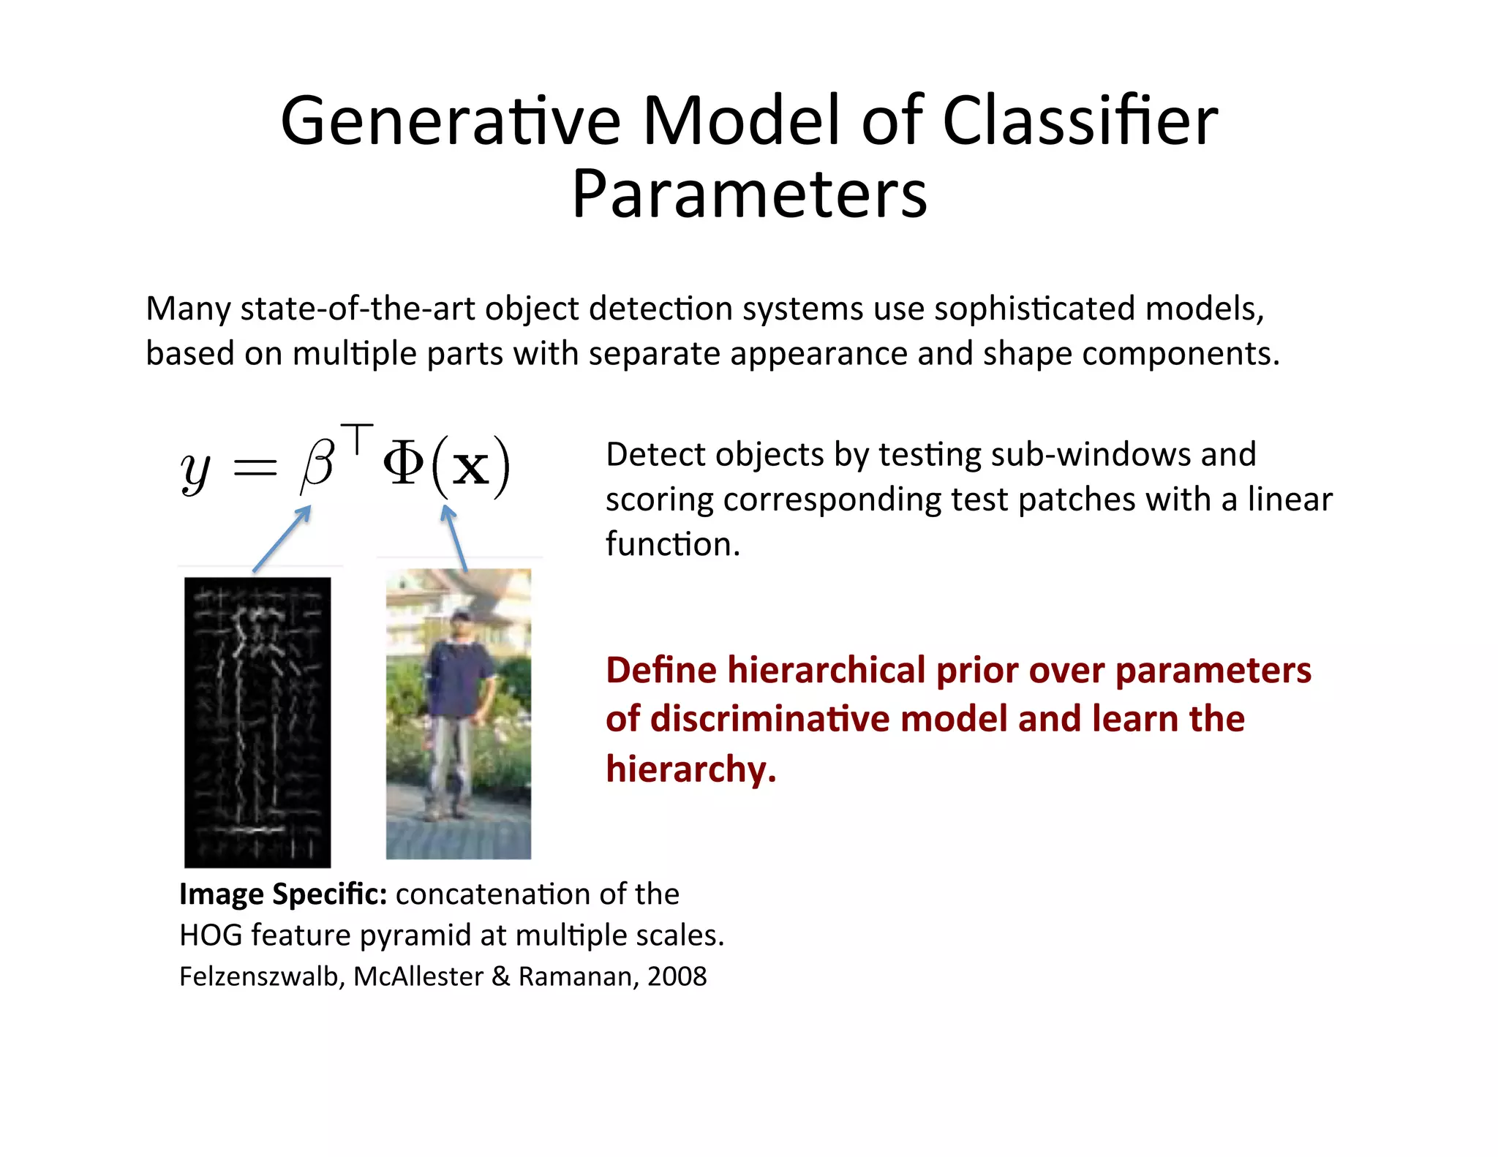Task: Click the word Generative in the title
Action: click(450, 121)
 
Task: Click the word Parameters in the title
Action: click(749, 195)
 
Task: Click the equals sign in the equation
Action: click(255, 468)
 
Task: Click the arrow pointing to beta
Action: click(282, 538)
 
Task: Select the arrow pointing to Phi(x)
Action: click(456, 540)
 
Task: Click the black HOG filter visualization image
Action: click(257, 722)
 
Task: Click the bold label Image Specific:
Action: click(282, 894)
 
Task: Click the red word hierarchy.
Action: click(690, 769)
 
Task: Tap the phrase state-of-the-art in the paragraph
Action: click(358, 309)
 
